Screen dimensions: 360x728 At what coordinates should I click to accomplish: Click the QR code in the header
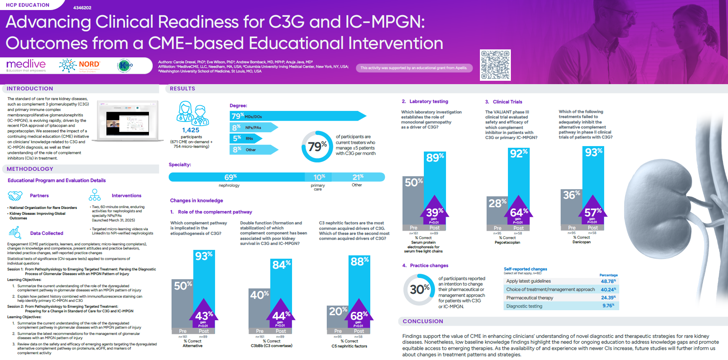point(495,65)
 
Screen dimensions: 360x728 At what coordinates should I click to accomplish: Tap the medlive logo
point(26,65)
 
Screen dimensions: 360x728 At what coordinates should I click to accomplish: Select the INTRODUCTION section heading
point(30,89)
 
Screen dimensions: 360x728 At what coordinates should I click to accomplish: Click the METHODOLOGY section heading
point(30,169)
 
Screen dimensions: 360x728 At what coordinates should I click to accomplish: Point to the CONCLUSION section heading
point(423,321)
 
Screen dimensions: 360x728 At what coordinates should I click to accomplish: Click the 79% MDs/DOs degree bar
point(297,116)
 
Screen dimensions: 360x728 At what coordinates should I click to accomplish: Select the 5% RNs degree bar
point(245,138)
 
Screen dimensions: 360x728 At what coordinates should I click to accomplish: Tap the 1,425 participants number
point(191,130)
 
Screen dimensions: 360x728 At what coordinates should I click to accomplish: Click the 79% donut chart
point(317,147)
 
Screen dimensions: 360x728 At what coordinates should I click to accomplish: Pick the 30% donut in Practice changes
point(419,289)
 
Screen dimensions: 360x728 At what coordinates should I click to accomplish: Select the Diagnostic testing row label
point(524,306)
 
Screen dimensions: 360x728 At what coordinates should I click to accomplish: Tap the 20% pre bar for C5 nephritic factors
point(338,318)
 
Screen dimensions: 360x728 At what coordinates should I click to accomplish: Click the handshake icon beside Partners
point(15,195)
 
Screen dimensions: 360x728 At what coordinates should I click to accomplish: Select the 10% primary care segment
point(319,177)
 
